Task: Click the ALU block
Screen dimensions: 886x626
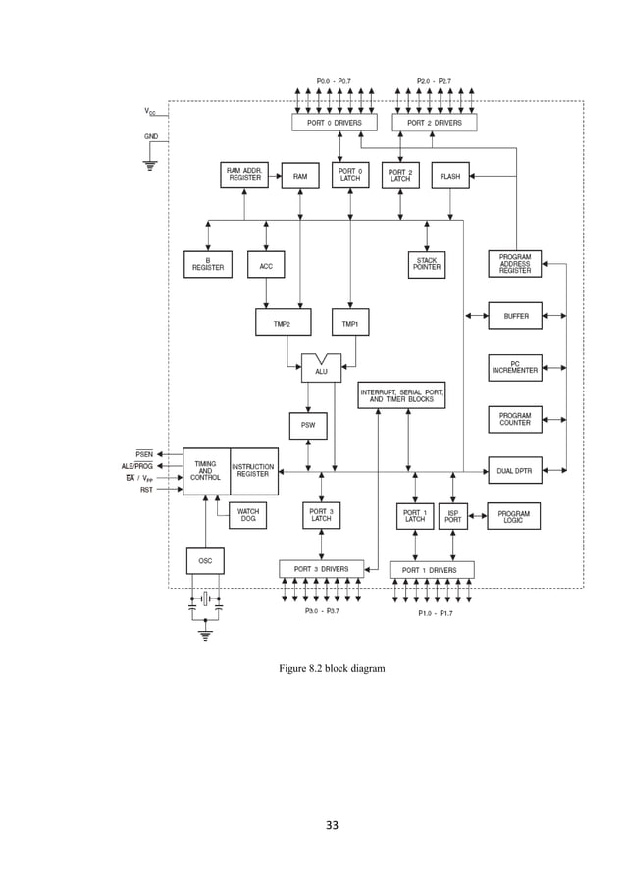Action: pyautogui.click(x=321, y=370)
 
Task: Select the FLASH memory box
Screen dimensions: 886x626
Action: pyautogui.click(x=450, y=176)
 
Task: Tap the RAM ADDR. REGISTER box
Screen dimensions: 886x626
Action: pyautogui.click(x=244, y=175)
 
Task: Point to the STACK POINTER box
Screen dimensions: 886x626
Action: pyautogui.click(x=427, y=264)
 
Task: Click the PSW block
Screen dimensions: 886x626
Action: pyautogui.click(x=308, y=426)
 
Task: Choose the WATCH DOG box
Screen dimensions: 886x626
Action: pyautogui.click(x=248, y=515)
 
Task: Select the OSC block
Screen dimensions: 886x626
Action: pyautogui.click(x=205, y=561)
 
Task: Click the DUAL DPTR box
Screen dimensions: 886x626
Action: pyautogui.click(x=514, y=471)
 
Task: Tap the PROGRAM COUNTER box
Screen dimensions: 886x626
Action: pyautogui.click(x=514, y=420)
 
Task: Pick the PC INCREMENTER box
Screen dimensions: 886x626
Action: pyautogui.click(x=514, y=368)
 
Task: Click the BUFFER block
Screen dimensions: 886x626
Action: pyautogui.click(x=515, y=316)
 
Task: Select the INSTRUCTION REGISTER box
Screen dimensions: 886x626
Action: pyautogui.click(x=253, y=471)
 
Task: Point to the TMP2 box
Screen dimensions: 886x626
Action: pyautogui.click(x=283, y=323)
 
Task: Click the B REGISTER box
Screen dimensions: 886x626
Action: pyautogui.click(x=208, y=264)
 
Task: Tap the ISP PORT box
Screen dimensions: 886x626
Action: pyautogui.click(x=453, y=516)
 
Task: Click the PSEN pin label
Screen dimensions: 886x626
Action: pyautogui.click(x=144, y=454)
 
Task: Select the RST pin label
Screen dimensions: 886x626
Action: pyautogui.click(x=146, y=489)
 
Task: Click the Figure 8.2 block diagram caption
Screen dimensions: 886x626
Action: pyautogui.click(x=332, y=668)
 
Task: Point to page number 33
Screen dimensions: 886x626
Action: pyautogui.click(x=332, y=825)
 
